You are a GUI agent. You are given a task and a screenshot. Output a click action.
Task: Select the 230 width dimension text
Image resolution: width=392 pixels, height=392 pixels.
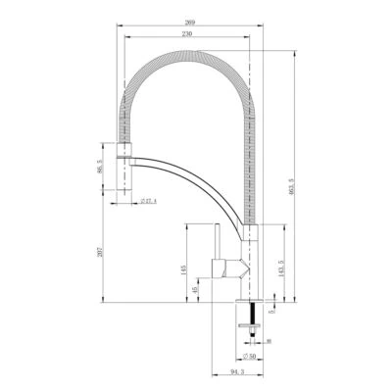[x=187, y=34]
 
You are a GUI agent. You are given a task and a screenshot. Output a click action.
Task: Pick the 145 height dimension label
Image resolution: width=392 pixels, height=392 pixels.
[x=183, y=269]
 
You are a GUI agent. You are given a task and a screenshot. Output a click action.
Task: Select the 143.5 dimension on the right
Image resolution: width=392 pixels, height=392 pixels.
[x=281, y=269]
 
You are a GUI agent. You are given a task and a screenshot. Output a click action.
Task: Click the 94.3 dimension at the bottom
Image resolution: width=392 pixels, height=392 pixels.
[x=236, y=372]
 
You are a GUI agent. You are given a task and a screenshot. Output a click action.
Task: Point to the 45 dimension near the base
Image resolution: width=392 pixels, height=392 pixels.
[x=196, y=290]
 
